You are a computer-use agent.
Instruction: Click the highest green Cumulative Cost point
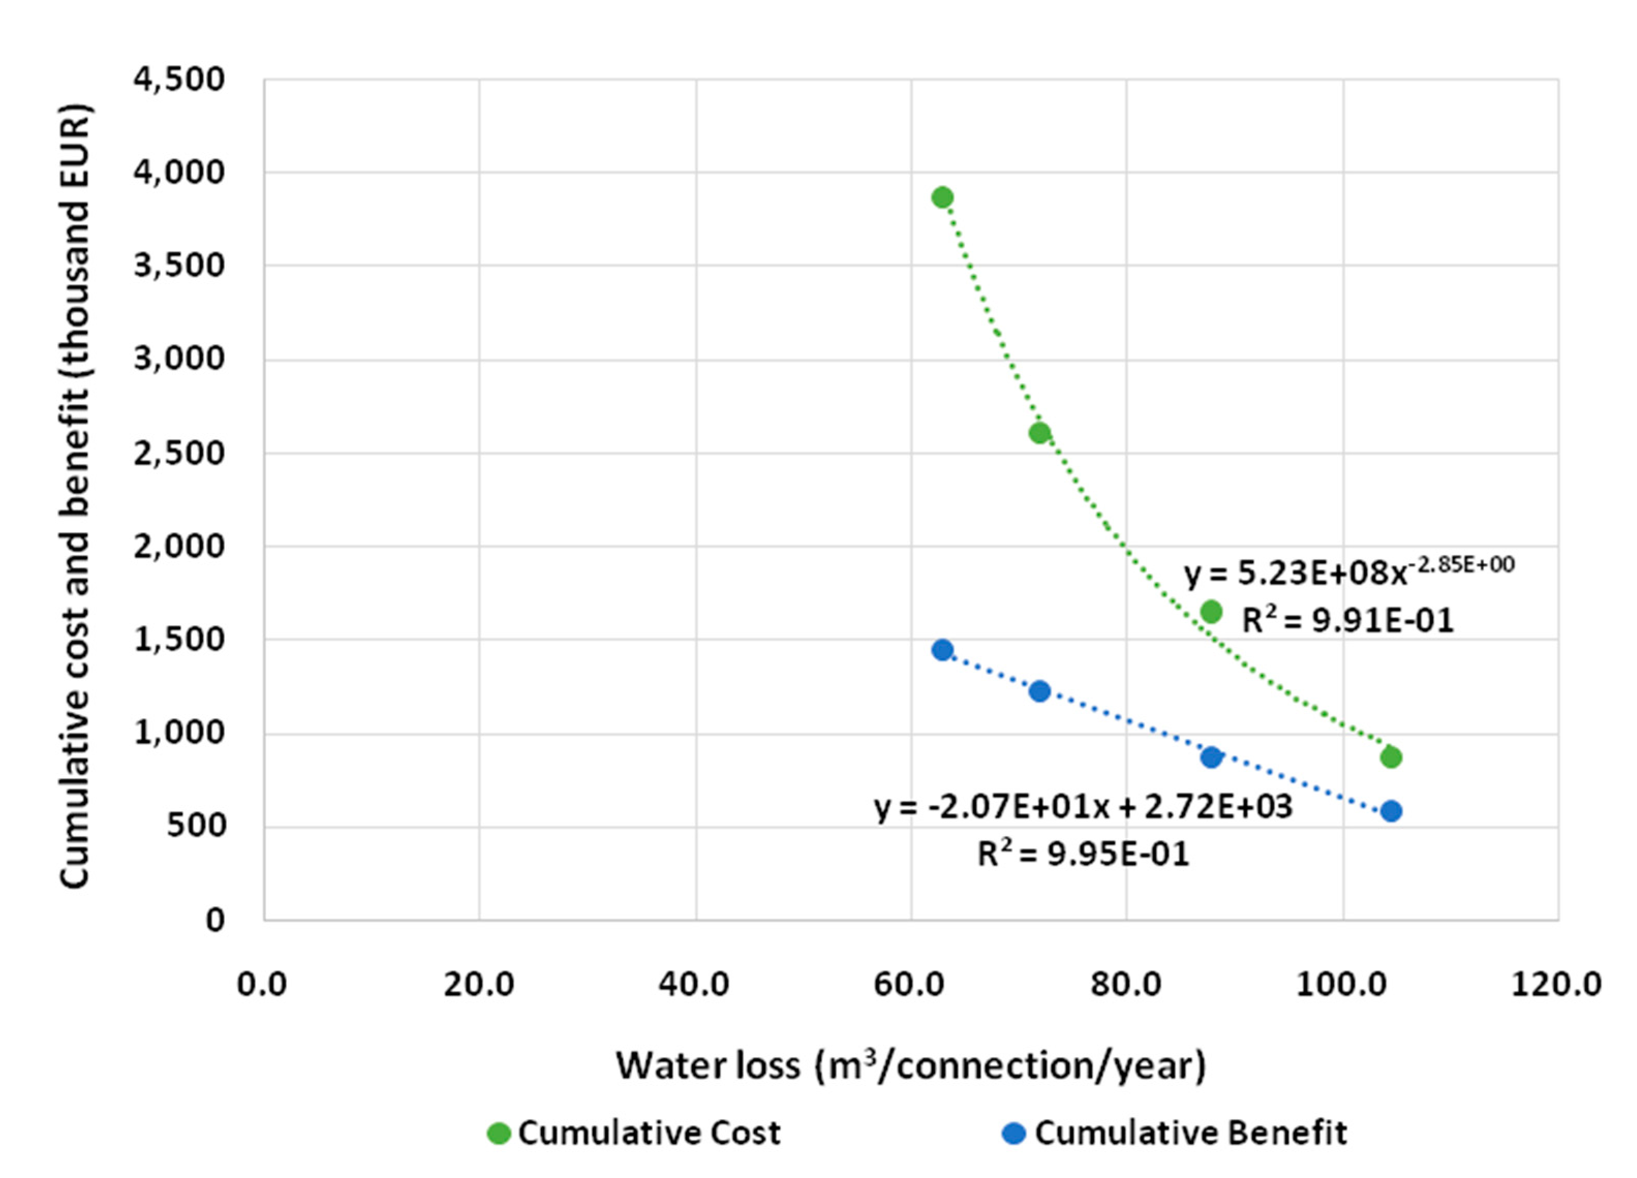point(942,197)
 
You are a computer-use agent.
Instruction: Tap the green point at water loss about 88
point(1211,611)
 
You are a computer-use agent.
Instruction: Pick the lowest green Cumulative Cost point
point(1391,757)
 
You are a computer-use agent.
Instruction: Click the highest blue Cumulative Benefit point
point(942,649)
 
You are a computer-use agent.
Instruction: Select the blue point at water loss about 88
point(1211,757)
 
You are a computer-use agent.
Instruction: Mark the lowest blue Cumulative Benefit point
point(1391,811)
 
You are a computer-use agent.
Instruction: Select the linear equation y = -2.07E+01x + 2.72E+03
point(1083,807)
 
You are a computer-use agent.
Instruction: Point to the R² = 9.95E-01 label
point(1083,854)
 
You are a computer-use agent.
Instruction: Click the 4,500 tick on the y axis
point(179,80)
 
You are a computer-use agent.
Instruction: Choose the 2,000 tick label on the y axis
point(179,547)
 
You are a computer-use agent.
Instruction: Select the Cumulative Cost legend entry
point(635,1133)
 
